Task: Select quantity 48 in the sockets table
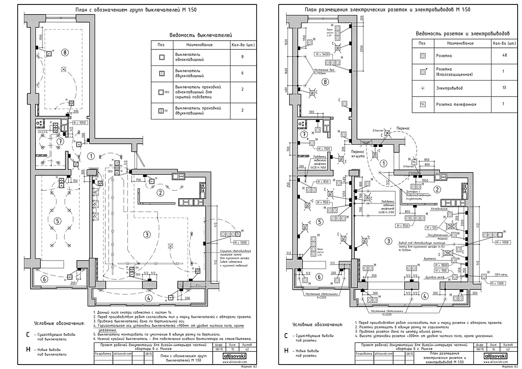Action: (504, 55)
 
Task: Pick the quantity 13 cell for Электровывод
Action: (504, 88)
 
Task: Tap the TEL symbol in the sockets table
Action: (422, 104)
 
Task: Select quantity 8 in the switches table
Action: (242, 57)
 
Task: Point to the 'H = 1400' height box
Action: (323, 54)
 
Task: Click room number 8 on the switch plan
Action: (65, 52)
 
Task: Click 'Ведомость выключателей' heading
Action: (201, 35)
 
